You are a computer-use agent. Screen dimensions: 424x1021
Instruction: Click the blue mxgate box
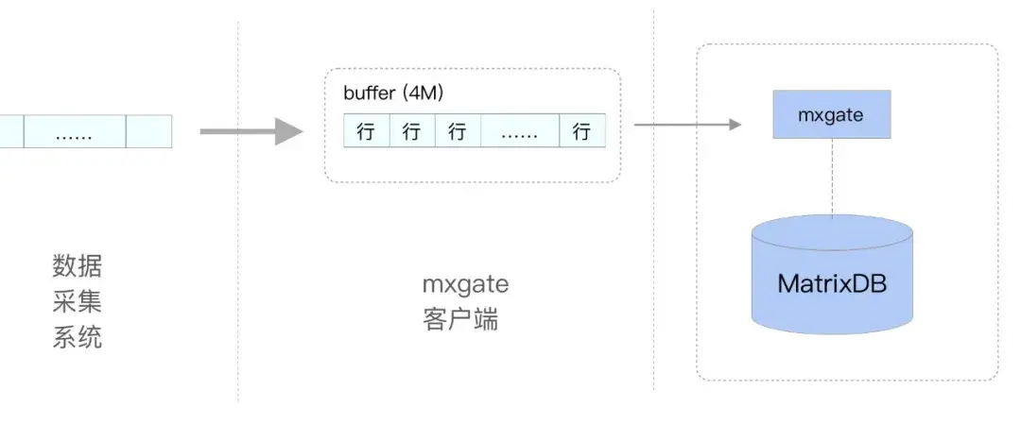click(831, 114)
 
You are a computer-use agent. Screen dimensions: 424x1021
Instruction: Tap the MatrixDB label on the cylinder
click(832, 283)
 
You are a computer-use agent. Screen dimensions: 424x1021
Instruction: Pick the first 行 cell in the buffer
click(366, 131)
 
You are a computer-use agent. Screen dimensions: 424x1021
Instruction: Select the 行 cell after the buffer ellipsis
click(581, 131)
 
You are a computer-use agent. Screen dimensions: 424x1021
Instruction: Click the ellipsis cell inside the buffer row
click(519, 131)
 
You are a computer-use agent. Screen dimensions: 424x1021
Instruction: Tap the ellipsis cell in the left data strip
click(74, 131)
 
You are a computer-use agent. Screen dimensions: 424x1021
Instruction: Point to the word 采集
click(77, 302)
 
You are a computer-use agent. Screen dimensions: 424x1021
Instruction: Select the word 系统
click(77, 337)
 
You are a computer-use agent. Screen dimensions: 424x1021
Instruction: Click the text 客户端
click(460, 319)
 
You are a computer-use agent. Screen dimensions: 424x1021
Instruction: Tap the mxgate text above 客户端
click(465, 283)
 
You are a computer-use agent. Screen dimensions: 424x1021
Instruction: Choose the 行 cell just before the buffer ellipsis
click(458, 131)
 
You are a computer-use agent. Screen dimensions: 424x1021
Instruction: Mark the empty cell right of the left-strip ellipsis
click(148, 131)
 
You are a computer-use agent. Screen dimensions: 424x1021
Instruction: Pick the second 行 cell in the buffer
click(411, 131)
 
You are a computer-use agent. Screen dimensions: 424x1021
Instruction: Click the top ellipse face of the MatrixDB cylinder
click(832, 231)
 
